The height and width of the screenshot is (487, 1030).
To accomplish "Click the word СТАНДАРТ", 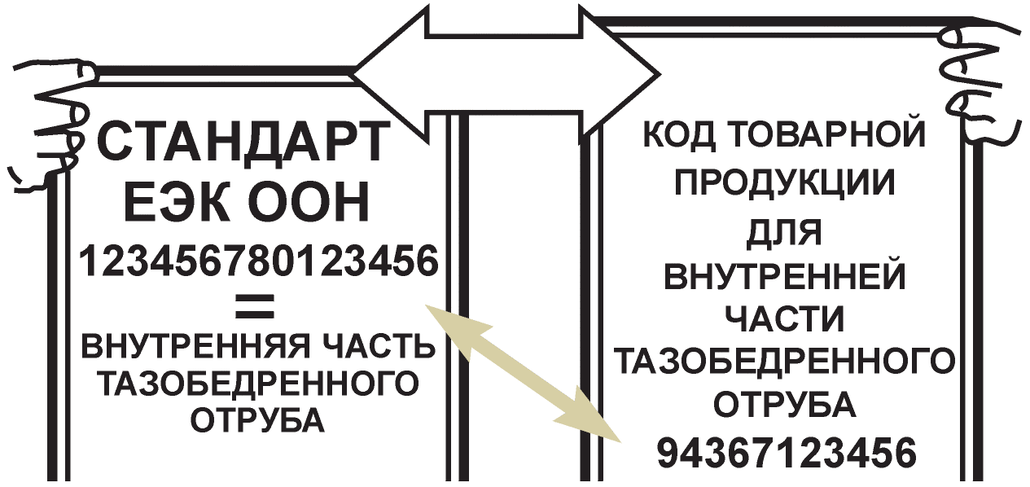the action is coord(245,143).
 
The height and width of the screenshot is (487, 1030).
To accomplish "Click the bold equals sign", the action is coord(254,308).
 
